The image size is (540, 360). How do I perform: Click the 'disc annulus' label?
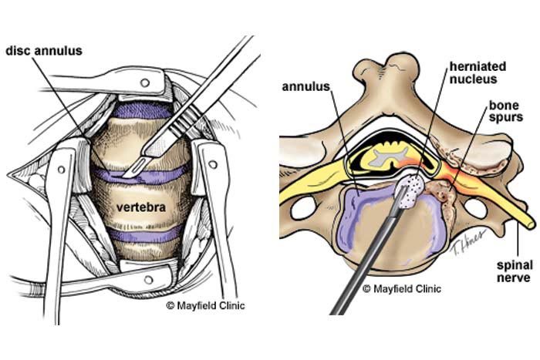point(44,52)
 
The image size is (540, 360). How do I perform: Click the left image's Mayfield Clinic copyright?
point(205,305)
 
